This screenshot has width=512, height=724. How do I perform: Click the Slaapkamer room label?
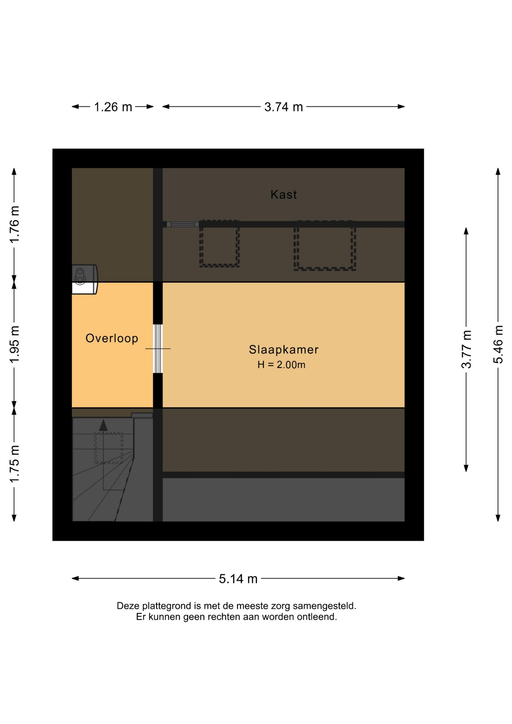(x=284, y=350)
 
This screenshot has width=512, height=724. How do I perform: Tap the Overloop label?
(x=112, y=338)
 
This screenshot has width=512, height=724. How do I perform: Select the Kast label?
(x=284, y=195)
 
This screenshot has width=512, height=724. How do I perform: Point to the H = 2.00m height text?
(x=281, y=365)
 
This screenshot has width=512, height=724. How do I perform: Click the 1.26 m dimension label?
(x=113, y=107)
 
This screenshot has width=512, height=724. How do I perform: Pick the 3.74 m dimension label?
(x=284, y=107)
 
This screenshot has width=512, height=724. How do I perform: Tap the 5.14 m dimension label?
(x=238, y=578)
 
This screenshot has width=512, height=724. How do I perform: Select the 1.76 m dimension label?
(x=14, y=225)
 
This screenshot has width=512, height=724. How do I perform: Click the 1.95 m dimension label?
(x=14, y=345)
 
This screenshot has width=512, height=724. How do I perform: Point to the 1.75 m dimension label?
(x=14, y=464)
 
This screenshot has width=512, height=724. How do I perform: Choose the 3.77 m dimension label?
(x=466, y=349)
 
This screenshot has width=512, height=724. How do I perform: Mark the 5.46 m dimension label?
(x=498, y=344)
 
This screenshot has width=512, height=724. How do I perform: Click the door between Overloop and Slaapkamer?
(x=158, y=349)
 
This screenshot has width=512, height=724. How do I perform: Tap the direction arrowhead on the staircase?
(x=103, y=425)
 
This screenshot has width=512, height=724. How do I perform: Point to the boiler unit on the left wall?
(x=85, y=279)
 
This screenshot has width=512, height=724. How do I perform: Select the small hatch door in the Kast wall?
(x=182, y=224)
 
